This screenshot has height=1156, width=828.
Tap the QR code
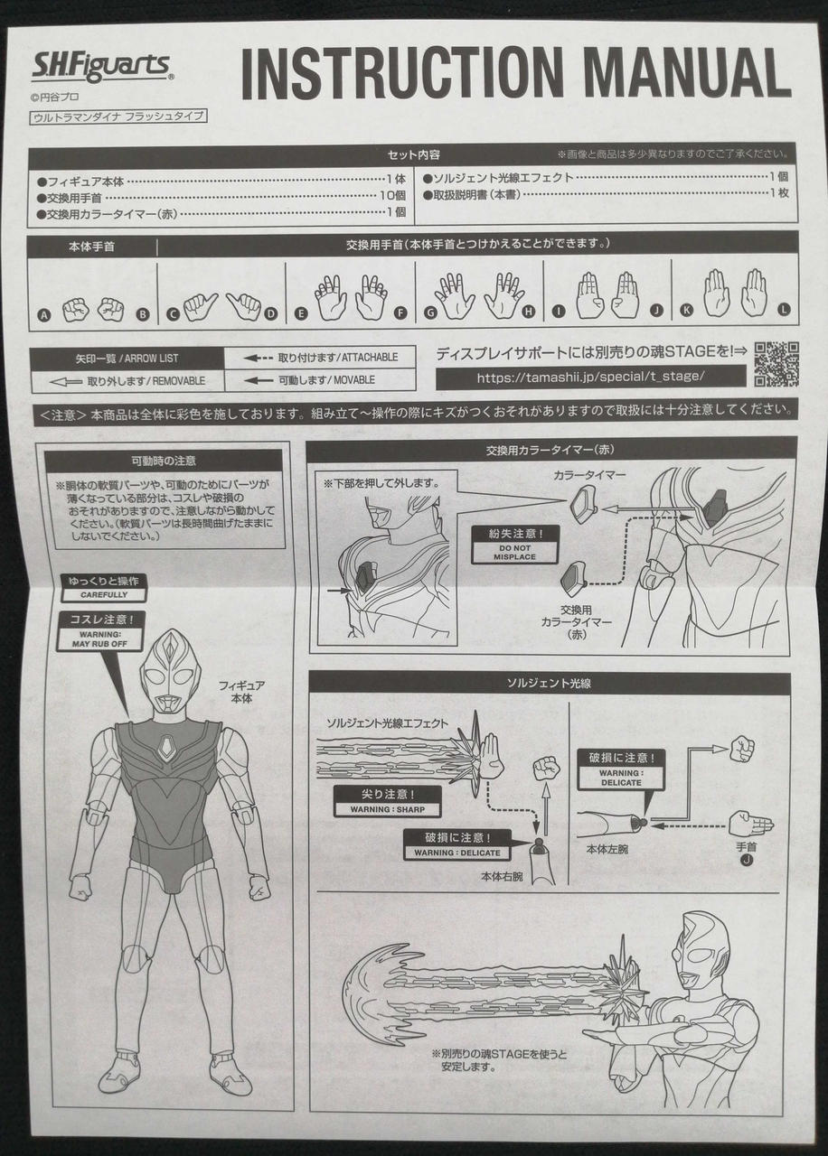point(776,364)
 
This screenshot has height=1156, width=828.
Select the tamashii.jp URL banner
point(590,378)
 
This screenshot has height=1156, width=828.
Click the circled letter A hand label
point(44,315)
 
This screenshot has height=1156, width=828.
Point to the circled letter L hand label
point(784,310)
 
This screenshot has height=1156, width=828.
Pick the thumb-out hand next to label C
point(200,306)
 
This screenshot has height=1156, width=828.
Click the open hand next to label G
point(455,294)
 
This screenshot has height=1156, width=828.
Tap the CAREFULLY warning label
point(104,588)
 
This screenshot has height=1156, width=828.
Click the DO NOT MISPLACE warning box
point(514,545)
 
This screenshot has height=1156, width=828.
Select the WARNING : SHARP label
point(388,802)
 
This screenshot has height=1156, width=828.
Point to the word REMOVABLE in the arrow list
point(179,381)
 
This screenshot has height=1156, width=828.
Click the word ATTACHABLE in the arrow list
point(370,357)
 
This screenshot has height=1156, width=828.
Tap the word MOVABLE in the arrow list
point(353,380)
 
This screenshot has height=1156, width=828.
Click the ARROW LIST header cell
point(127,359)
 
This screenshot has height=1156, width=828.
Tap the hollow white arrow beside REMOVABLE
point(66,382)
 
